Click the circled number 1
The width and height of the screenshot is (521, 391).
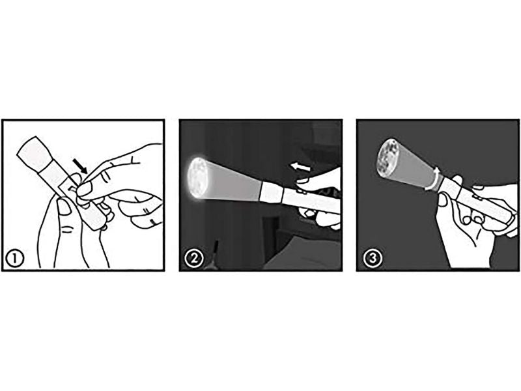point(15,259)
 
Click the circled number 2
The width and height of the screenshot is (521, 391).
point(194,259)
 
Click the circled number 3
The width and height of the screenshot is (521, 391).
point(372,259)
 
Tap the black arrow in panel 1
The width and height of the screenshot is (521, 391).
point(80,166)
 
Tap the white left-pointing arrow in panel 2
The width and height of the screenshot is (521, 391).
point(300,166)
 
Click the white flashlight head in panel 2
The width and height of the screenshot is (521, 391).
point(271,192)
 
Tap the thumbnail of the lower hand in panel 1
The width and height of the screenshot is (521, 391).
point(64,206)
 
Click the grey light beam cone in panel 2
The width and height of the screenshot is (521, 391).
point(231,182)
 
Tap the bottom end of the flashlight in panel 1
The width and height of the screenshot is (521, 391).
point(96,224)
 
